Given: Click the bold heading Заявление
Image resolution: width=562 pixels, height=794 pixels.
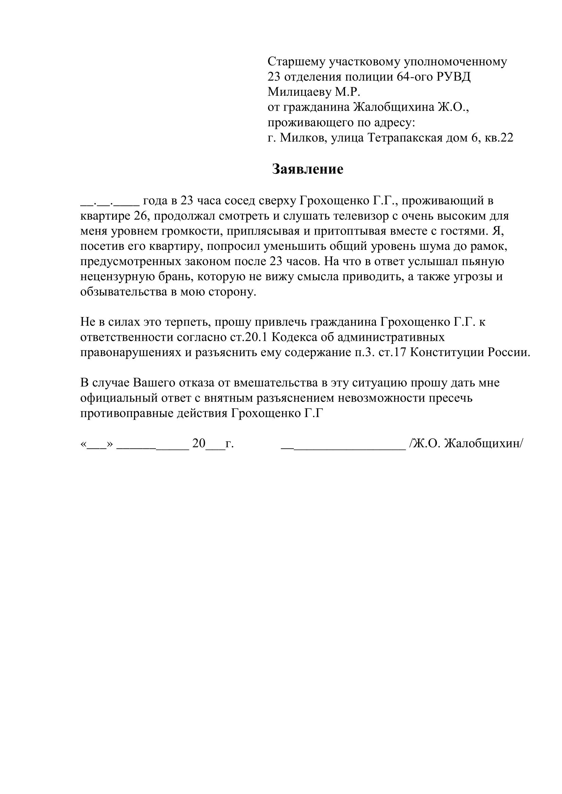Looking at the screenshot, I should tap(308, 169).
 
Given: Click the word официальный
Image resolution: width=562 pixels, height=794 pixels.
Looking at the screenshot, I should tap(119, 399).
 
